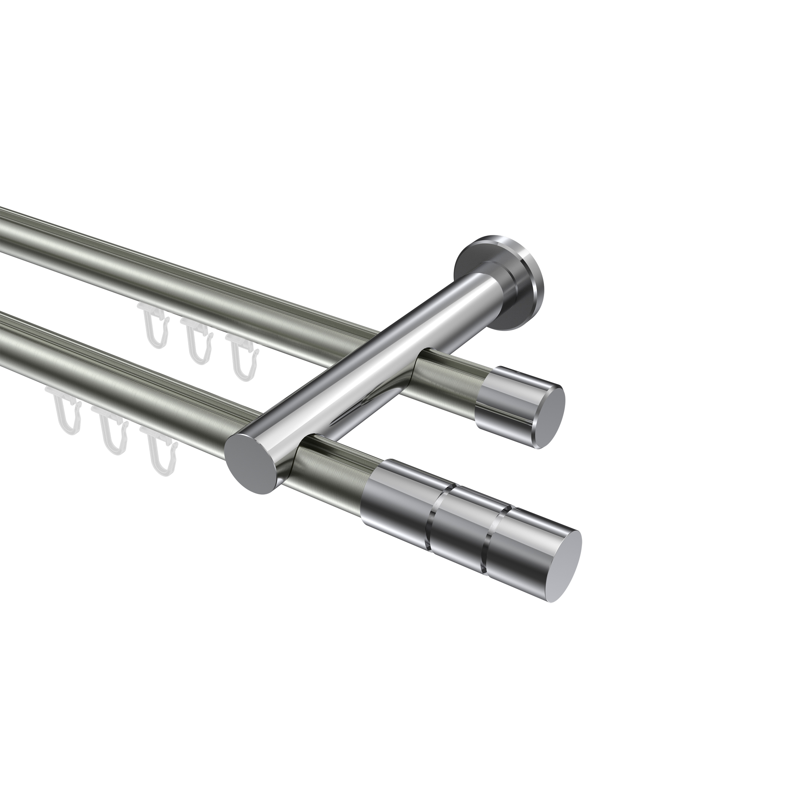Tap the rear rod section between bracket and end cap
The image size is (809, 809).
pyautogui.click(x=452, y=375)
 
